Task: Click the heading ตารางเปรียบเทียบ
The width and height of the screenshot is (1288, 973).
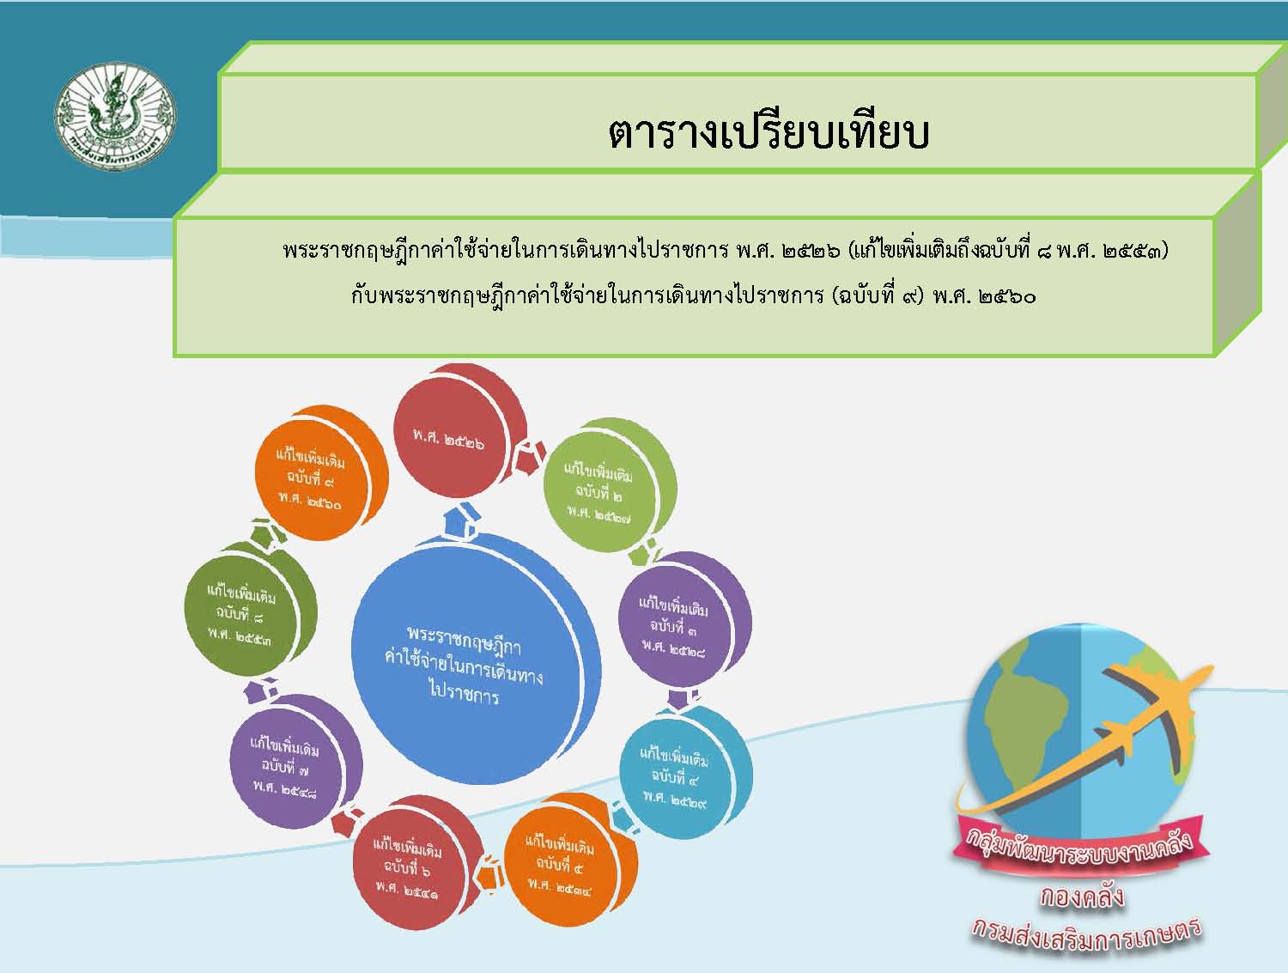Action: [x=769, y=134]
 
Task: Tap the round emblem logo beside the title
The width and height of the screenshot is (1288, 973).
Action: [x=115, y=117]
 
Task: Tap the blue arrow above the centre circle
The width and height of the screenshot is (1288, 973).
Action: [x=462, y=519]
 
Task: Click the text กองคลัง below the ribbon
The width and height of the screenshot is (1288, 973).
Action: [x=1083, y=897]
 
